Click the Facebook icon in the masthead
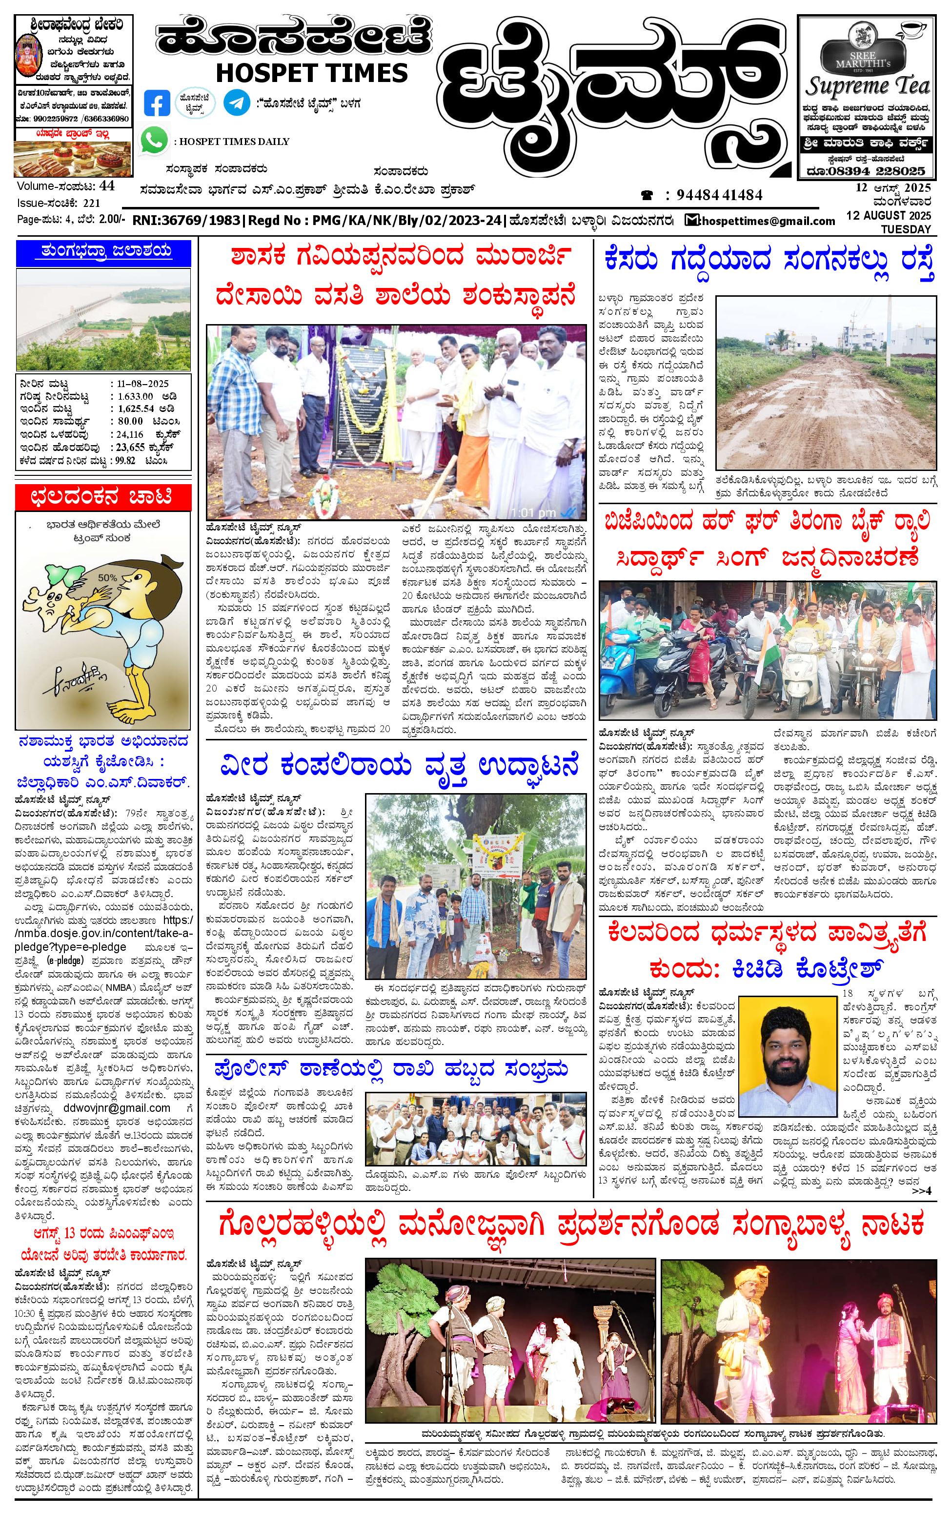click(157, 103)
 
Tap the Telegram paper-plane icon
click(236, 103)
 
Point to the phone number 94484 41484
click(719, 195)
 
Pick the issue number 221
click(91, 203)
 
